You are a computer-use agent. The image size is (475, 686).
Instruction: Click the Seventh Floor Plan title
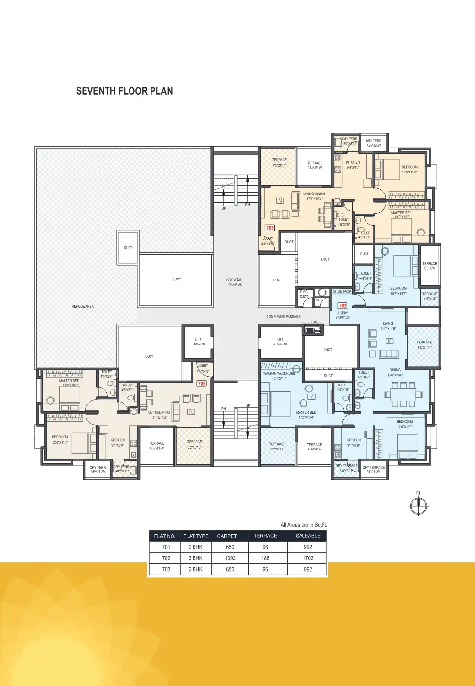tap(124, 91)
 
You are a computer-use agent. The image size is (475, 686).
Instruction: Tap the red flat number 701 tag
tap(270, 228)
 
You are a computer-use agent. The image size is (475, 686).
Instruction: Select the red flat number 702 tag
tap(343, 306)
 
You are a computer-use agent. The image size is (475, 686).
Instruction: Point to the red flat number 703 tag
tap(202, 384)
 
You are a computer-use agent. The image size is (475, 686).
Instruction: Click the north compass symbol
tap(418, 505)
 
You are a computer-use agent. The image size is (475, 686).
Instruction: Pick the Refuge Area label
tap(83, 306)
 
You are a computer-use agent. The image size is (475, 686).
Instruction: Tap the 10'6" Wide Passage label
tap(234, 282)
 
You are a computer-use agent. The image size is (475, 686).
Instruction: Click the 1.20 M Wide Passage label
tap(283, 317)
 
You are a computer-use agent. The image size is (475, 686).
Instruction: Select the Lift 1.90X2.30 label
tap(198, 342)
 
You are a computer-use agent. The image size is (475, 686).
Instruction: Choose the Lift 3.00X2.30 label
tap(280, 342)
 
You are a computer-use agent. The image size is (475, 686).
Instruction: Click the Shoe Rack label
tap(342, 291)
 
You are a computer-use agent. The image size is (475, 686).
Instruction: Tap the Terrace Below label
tap(430, 266)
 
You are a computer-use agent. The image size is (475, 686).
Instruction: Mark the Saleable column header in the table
tap(308, 536)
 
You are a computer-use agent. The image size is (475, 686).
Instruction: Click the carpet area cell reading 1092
tap(230, 558)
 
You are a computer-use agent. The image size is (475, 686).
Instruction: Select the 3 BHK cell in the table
tap(195, 558)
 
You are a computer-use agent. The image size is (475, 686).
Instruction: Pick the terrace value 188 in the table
tap(265, 558)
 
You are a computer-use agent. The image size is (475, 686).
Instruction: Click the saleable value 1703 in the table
tap(308, 558)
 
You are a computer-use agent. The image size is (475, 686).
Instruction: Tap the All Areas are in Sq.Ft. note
tap(303, 525)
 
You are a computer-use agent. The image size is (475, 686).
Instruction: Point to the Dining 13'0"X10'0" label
tap(395, 372)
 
